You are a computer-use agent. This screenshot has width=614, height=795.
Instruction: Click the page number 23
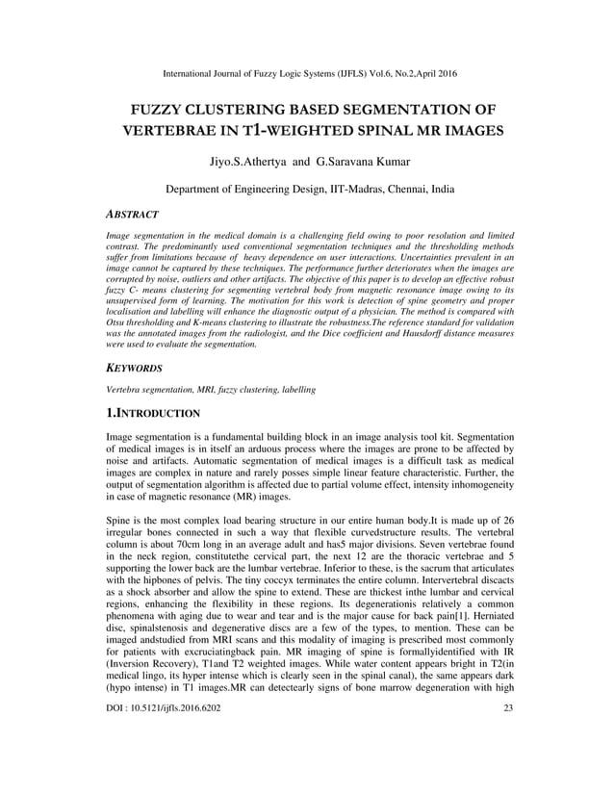coord(508,763)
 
